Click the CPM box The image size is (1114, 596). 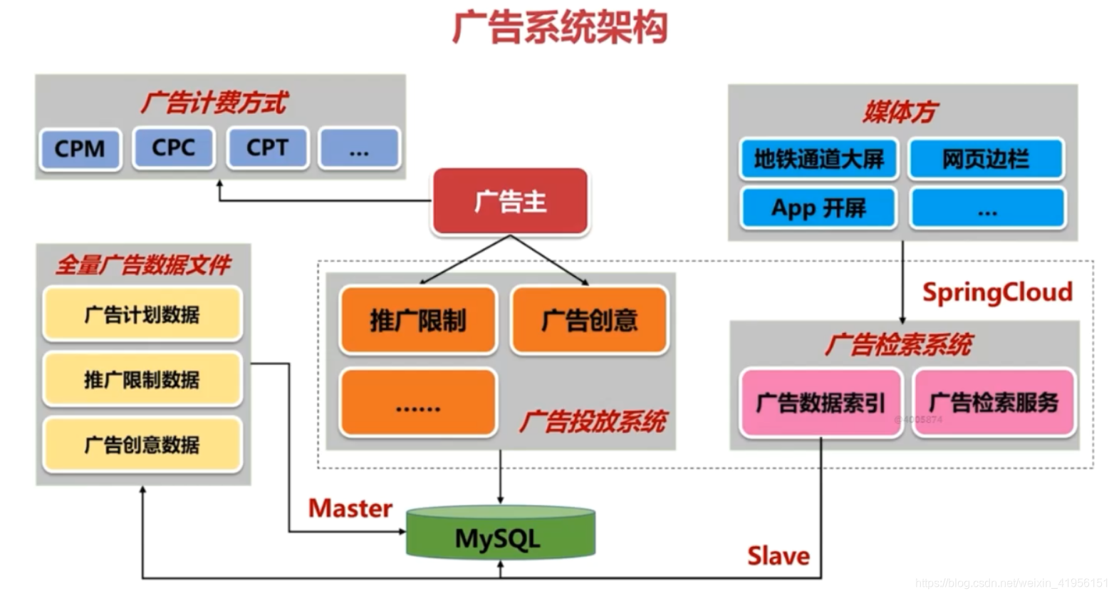pos(80,148)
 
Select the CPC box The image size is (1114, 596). pos(173,148)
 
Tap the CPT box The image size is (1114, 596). pos(267,148)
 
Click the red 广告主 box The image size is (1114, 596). pos(510,202)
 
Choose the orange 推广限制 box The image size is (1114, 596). pos(418,320)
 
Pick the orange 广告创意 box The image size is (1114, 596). pos(589,320)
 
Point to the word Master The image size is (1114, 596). pos(350,508)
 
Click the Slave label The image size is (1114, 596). pos(778,555)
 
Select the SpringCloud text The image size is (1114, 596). pos(997,292)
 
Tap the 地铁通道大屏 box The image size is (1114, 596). pos(818,158)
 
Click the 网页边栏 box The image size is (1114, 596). pos(986,158)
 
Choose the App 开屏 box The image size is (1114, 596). pos(818,208)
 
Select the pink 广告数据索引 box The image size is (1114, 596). pos(821,403)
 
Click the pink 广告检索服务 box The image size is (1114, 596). pos(994,403)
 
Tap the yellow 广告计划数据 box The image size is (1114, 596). pos(142,314)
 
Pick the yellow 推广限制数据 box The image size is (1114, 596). pos(142,379)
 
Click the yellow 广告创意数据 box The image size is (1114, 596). pos(142,445)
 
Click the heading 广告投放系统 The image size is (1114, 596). pos(593,421)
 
